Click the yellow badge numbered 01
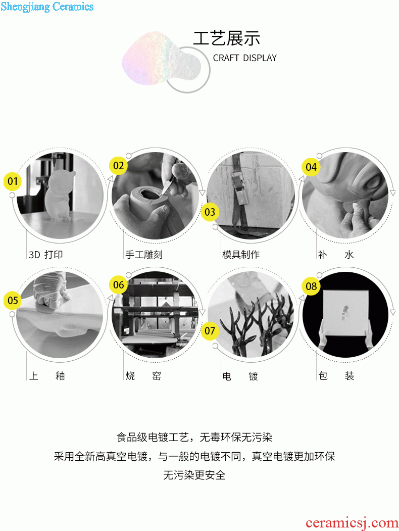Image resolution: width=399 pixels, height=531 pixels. [13, 181]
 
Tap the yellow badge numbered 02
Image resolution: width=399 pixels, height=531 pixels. [119, 166]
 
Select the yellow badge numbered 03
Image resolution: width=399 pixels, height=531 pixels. [210, 212]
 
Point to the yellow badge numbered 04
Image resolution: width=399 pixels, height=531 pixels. [311, 167]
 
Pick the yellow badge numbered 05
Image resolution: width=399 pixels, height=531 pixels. [13, 301]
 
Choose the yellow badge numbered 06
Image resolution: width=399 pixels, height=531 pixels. [119, 285]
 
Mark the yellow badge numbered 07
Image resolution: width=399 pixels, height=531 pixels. [210, 330]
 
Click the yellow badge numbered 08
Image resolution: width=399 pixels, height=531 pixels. [311, 286]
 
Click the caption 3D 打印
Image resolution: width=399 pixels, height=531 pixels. [46, 255]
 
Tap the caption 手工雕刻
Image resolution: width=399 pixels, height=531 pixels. [144, 255]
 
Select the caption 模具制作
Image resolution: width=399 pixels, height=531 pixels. [241, 255]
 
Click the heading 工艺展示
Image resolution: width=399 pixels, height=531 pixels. [227, 38]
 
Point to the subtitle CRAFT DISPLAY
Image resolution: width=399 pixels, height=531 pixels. [244, 58]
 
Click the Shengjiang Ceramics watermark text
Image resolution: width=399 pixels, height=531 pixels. [47, 7]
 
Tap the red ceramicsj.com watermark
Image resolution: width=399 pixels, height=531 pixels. [352, 523]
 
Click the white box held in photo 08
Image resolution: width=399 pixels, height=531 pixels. [345, 313]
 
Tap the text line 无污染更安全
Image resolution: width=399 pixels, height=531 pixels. [194, 475]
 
